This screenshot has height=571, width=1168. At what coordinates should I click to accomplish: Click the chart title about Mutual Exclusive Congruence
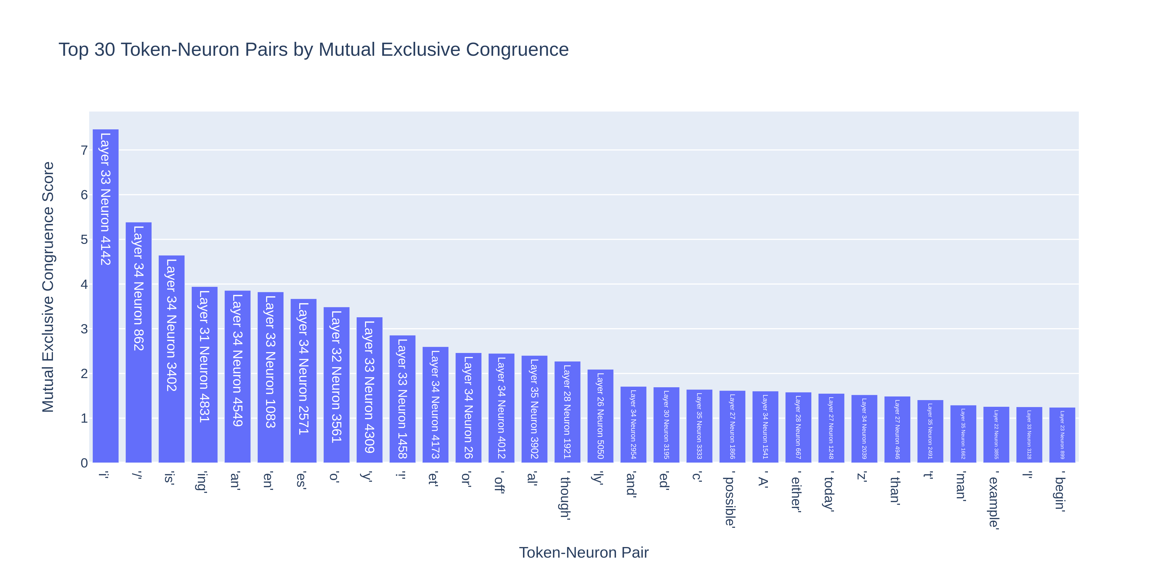pos(313,49)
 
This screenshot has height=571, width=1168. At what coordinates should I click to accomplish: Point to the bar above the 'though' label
pos(567,412)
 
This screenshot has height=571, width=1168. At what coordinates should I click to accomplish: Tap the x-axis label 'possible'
pos(729,499)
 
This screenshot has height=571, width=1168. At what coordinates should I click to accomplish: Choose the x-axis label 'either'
pos(796,492)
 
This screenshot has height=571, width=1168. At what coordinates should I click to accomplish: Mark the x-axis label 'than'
pos(895,488)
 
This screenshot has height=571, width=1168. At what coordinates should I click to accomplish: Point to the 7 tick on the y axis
pos(84,150)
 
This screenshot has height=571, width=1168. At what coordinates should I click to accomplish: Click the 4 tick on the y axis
pos(84,284)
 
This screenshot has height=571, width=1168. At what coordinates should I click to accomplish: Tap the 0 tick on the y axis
pos(84,463)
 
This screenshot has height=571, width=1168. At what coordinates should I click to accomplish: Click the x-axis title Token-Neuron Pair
pos(583,552)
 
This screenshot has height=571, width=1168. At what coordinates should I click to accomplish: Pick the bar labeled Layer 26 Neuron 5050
pos(600,416)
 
